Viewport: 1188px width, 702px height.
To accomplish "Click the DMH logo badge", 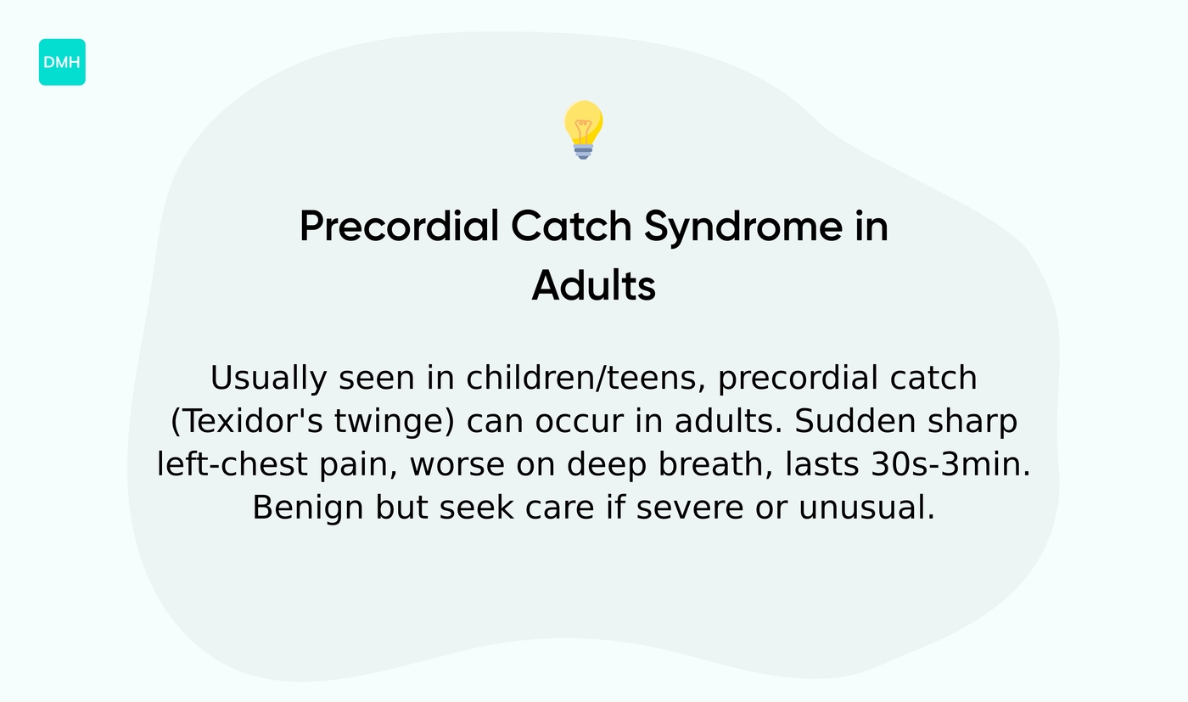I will click(x=62, y=62).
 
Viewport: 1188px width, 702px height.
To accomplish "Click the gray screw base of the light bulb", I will click(x=583, y=150).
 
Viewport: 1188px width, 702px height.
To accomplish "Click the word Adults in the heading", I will click(x=594, y=286).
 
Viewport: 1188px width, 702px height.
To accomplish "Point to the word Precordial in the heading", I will click(x=399, y=227).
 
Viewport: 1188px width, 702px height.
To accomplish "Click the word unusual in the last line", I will click(x=866, y=508).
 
